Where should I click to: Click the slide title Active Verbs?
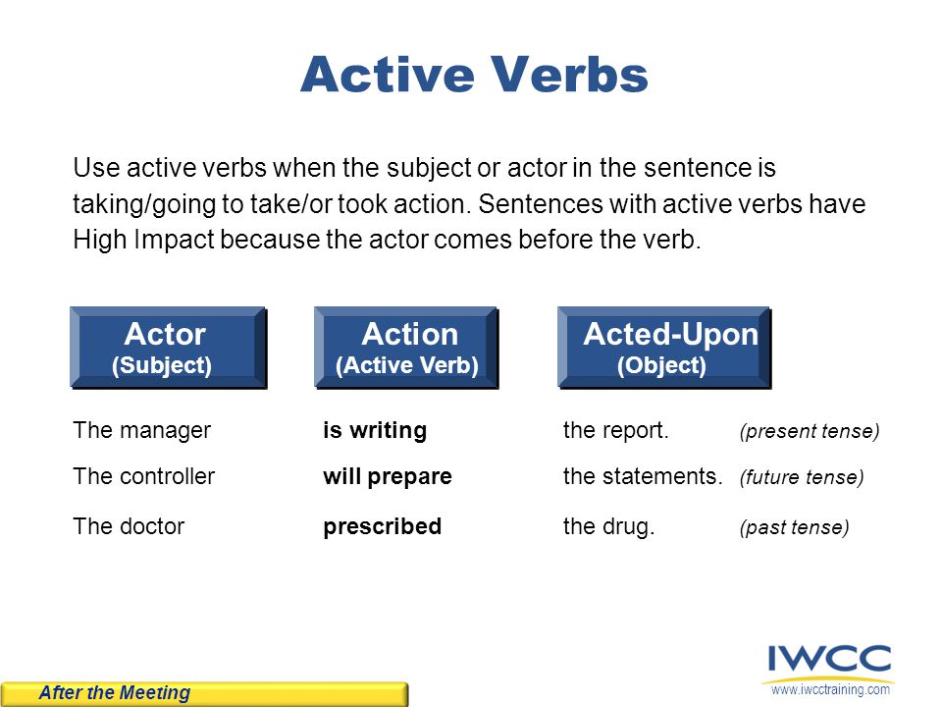click(474, 74)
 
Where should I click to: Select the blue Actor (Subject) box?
click(168, 348)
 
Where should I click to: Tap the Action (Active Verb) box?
click(406, 348)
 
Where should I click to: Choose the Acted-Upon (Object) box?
click(664, 348)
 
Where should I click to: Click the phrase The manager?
click(141, 430)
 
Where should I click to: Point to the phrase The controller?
click(143, 476)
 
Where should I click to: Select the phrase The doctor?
click(129, 526)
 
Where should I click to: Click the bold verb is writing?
click(375, 430)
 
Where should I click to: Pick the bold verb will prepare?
click(388, 477)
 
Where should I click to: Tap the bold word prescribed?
click(382, 526)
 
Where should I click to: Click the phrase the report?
click(616, 430)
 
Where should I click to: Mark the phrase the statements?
click(643, 476)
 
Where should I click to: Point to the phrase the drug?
click(608, 526)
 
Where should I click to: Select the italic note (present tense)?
click(810, 431)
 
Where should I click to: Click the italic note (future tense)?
click(802, 477)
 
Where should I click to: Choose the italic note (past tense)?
click(794, 527)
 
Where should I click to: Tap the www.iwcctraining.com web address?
click(830, 689)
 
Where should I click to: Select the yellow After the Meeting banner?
click(204, 694)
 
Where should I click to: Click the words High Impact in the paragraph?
click(143, 240)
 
